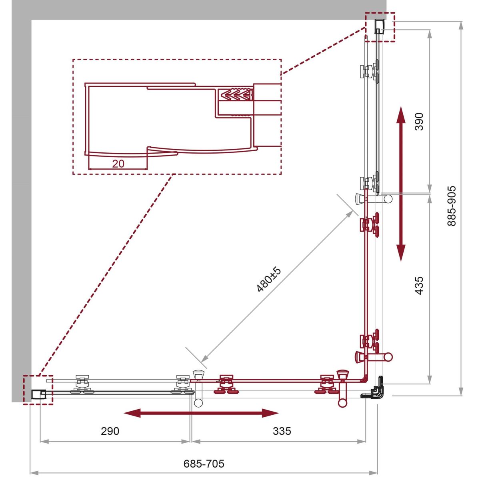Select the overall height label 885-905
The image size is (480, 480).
(451, 206)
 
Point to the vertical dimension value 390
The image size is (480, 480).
(419, 122)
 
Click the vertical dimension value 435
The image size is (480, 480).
(419, 286)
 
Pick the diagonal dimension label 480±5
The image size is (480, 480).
(269, 279)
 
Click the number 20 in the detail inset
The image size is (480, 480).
(118, 164)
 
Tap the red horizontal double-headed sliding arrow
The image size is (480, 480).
(201, 413)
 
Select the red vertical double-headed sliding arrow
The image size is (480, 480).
(401, 184)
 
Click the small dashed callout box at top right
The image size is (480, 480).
(380, 27)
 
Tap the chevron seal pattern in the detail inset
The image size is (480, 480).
(236, 95)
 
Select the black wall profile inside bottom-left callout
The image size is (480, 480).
(38, 394)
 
